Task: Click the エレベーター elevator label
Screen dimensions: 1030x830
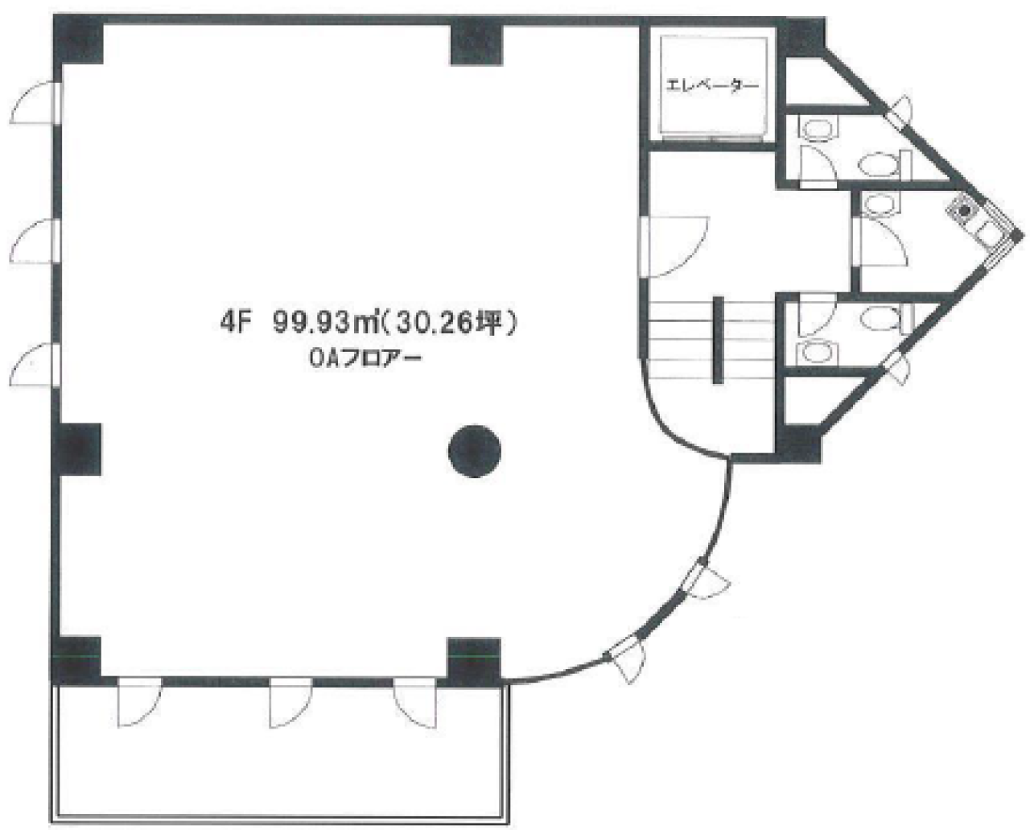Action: (712, 86)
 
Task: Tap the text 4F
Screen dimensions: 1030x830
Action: (236, 324)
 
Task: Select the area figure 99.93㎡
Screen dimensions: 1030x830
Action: (325, 324)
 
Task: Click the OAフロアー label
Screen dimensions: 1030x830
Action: (365, 359)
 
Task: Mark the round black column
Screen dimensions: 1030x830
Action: (474, 451)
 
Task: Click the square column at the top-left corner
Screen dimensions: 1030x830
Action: (79, 39)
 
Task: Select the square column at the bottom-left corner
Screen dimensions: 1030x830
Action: (76, 660)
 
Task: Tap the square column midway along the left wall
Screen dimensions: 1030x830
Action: (77, 449)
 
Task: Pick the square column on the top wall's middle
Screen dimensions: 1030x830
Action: (476, 42)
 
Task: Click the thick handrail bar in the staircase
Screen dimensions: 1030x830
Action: (718, 340)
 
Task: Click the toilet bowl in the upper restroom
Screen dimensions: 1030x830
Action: (878, 163)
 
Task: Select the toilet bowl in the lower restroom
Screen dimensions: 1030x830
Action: (880, 317)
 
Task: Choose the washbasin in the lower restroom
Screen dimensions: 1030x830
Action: (818, 352)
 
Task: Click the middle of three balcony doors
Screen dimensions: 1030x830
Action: (290, 702)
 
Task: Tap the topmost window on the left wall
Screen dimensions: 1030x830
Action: (35, 102)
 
